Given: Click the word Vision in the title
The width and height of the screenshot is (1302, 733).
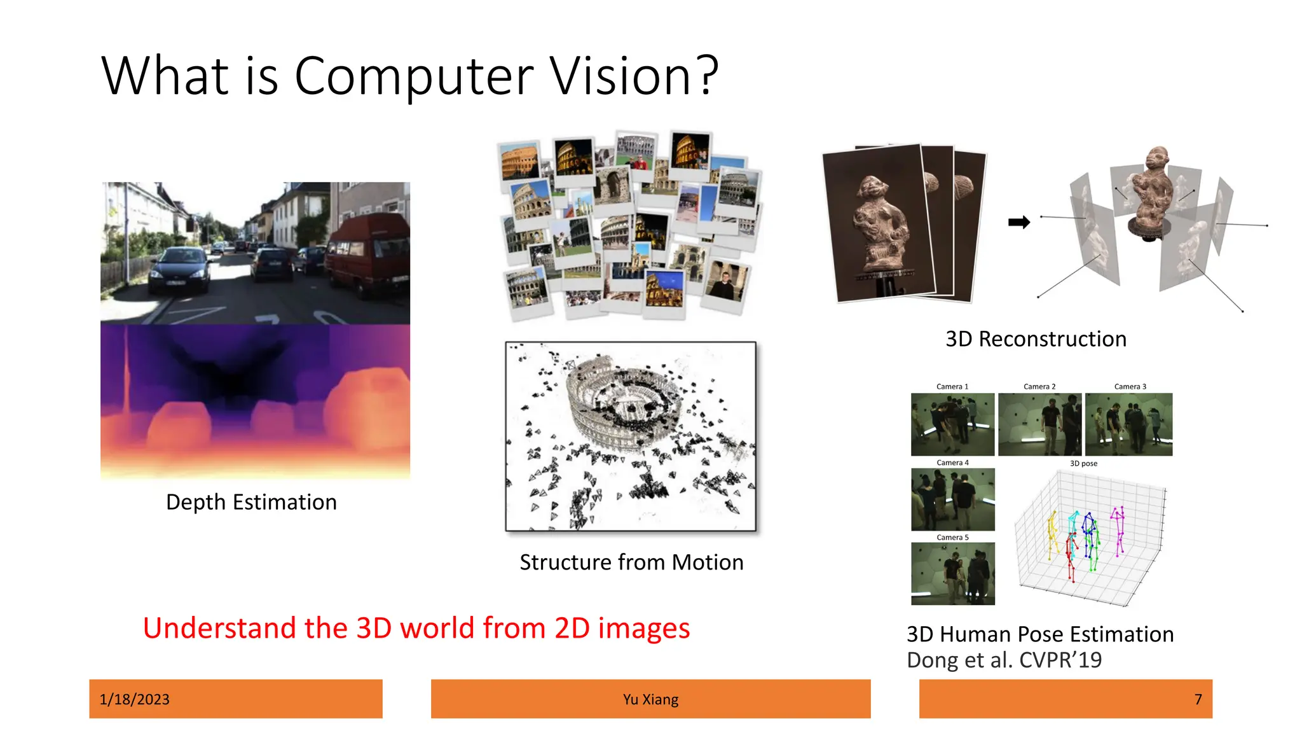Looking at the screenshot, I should pos(634,76).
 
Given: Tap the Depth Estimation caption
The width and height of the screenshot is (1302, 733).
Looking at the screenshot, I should pos(251,502).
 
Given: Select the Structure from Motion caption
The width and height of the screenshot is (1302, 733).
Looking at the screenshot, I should pos(631,562).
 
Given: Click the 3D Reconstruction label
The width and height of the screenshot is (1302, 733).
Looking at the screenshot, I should pos(1036,339).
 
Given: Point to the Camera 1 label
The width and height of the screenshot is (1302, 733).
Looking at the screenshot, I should pos(952,387).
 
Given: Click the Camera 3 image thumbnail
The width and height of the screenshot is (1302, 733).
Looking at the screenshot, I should pos(1128,424).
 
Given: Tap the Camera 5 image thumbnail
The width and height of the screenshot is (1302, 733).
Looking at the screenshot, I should pos(952,574).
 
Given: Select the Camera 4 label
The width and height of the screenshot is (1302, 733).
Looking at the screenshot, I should pos(952,463).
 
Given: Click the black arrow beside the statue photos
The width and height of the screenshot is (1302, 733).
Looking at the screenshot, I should pos(1018,222).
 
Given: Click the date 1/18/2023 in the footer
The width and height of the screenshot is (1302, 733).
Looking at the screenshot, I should pos(135,699).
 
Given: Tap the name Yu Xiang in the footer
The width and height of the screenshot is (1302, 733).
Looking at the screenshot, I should pos(650,699).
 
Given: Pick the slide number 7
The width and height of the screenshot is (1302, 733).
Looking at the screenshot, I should pos(1198,699).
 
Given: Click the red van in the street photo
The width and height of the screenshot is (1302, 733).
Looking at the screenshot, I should pos(369,255).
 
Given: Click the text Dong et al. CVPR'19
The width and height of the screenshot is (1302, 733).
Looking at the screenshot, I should pos(1004,660).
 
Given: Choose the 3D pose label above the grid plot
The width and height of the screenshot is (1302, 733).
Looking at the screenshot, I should pos(1083,463).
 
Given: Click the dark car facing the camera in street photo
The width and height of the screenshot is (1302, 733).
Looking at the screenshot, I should pos(181,270).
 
